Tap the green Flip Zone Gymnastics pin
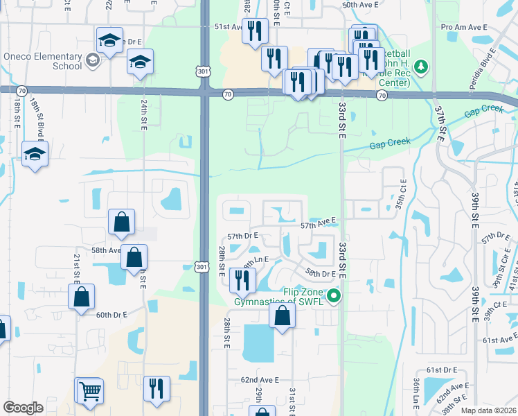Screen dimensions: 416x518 tap(334, 297)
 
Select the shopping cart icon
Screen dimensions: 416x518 tap(89, 390)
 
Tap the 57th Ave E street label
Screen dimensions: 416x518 tap(318, 225)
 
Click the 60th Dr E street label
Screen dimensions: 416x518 tap(111, 315)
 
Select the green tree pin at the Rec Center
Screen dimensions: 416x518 tap(420, 67)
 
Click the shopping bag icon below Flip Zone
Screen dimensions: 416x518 tap(282, 315)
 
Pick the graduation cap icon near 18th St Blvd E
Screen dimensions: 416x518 tap(34, 155)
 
